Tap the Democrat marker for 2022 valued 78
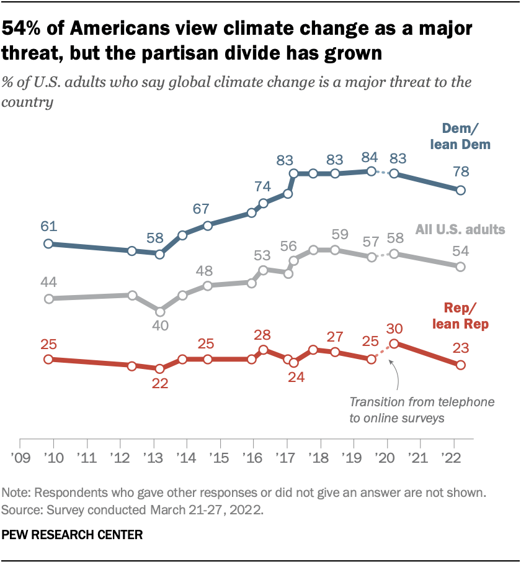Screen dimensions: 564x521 (x=460, y=190)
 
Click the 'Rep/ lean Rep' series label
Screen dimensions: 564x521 (x=466, y=316)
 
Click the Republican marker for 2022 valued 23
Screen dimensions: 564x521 (x=460, y=365)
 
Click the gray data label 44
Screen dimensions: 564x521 (x=48, y=282)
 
